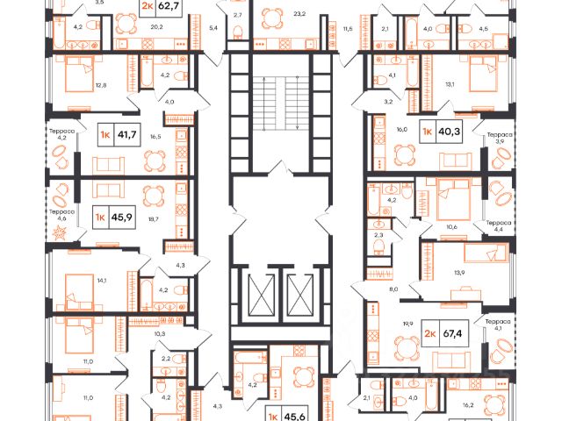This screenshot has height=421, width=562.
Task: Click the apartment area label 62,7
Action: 169,10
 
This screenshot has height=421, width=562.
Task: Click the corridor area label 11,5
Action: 349,29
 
